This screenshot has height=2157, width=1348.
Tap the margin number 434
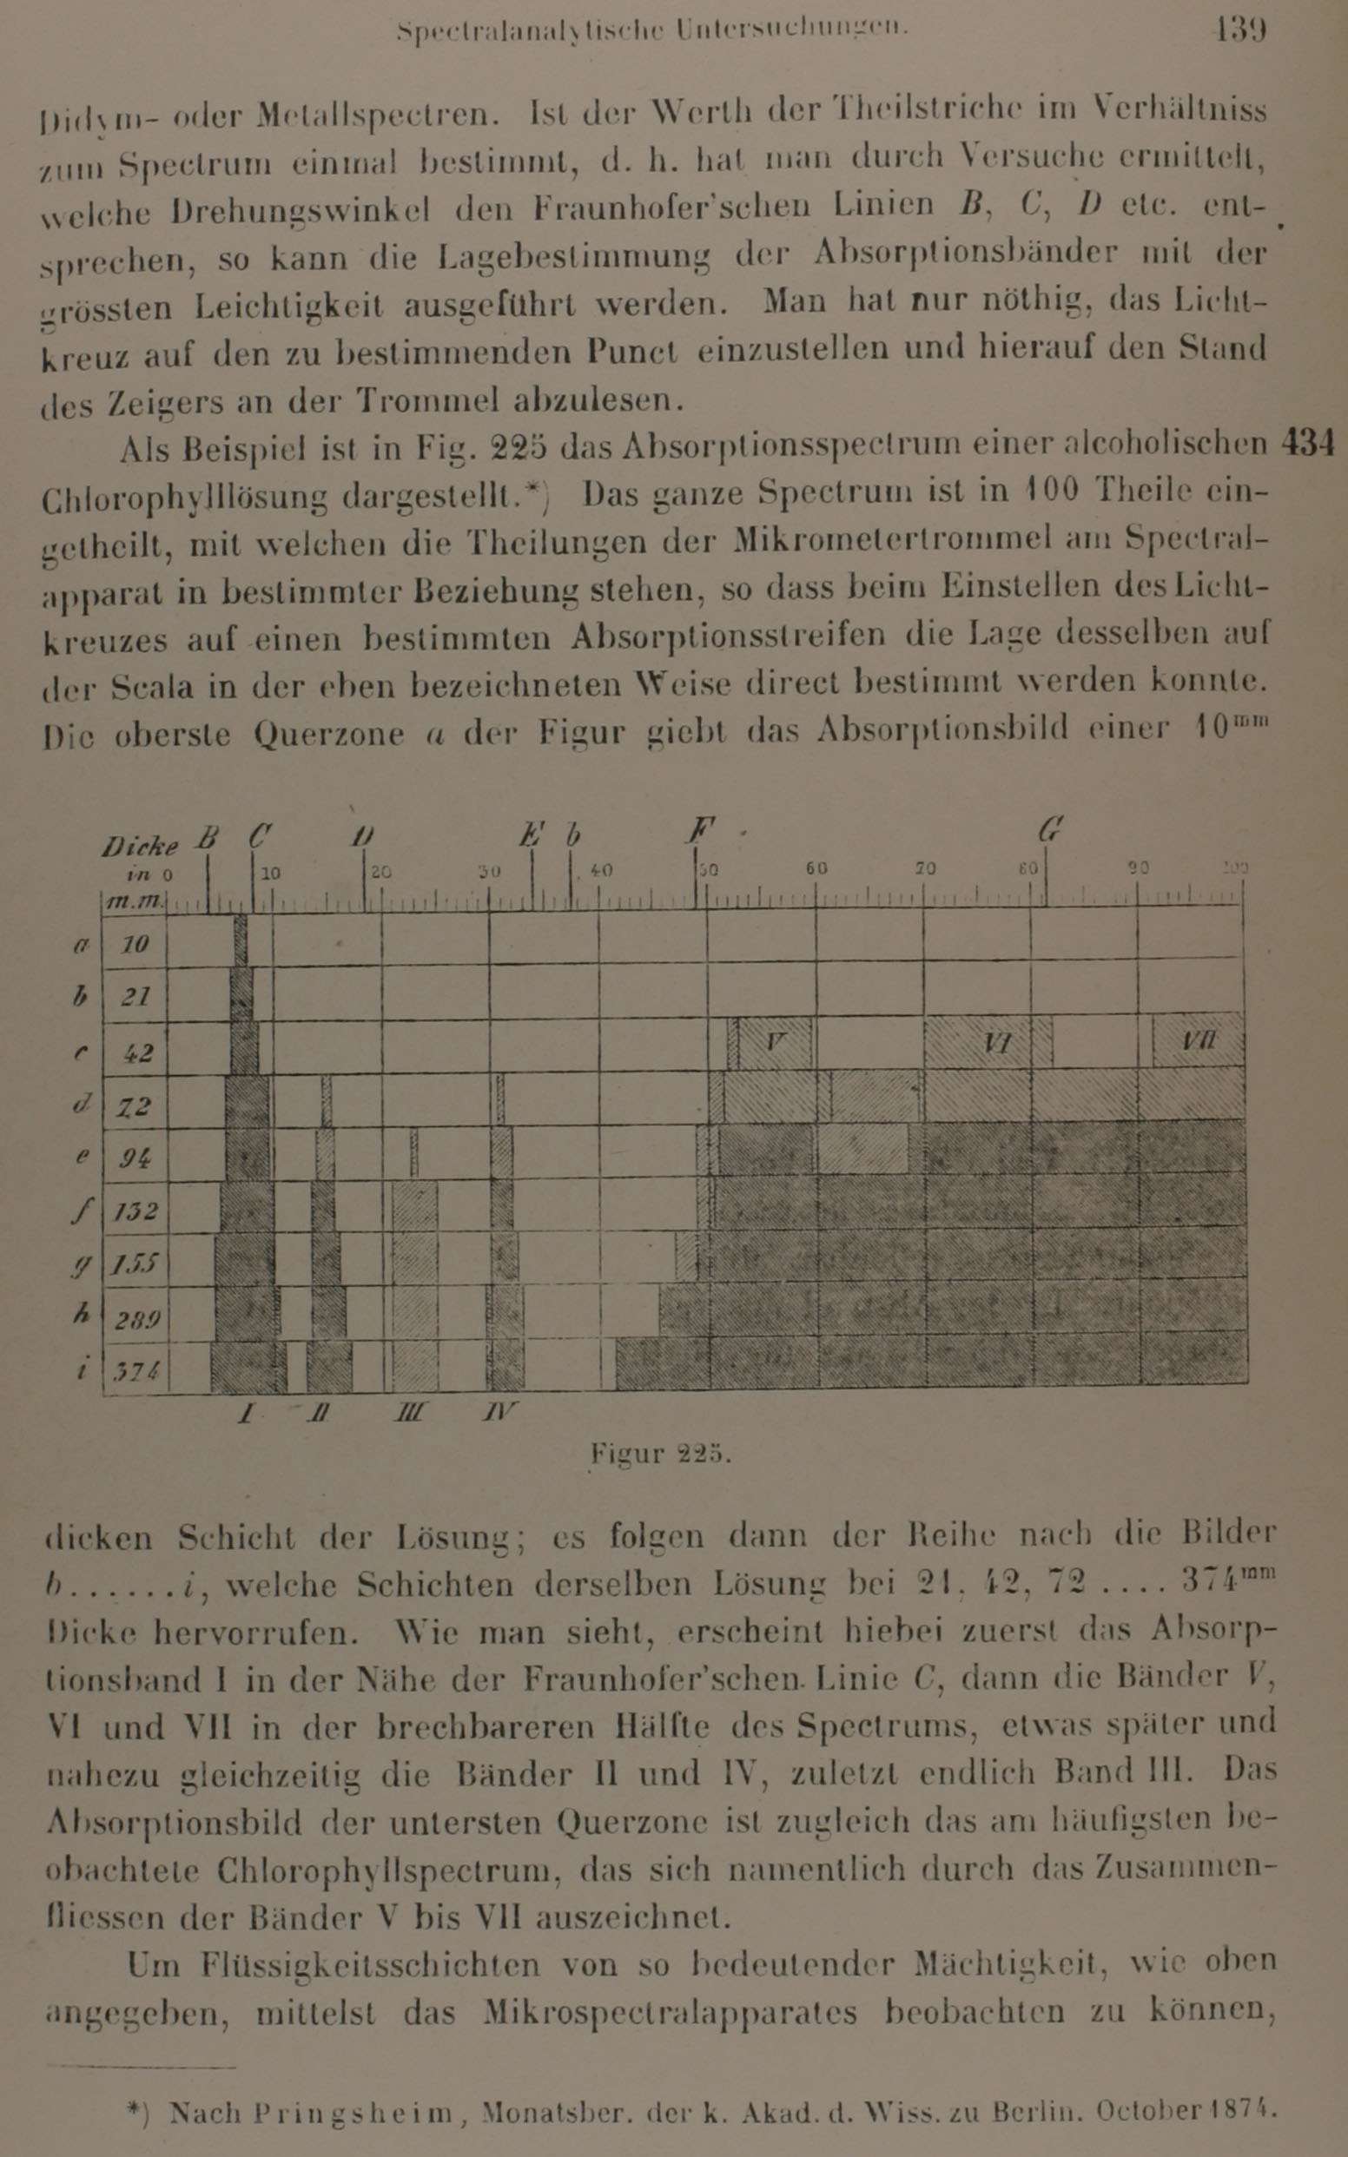coord(1306,443)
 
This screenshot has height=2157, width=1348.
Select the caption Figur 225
coord(660,1454)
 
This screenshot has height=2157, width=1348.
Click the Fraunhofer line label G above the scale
coord(1050,831)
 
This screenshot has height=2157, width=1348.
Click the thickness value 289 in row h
coord(135,1318)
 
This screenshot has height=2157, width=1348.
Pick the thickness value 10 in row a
coord(135,944)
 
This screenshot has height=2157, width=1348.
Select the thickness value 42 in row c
coord(135,1052)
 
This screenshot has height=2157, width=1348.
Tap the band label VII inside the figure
coord(1199,1040)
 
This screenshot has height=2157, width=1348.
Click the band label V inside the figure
coord(775,1039)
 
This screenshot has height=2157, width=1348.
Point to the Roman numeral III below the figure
coord(411,1412)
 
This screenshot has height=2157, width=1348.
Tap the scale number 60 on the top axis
coord(816,868)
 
